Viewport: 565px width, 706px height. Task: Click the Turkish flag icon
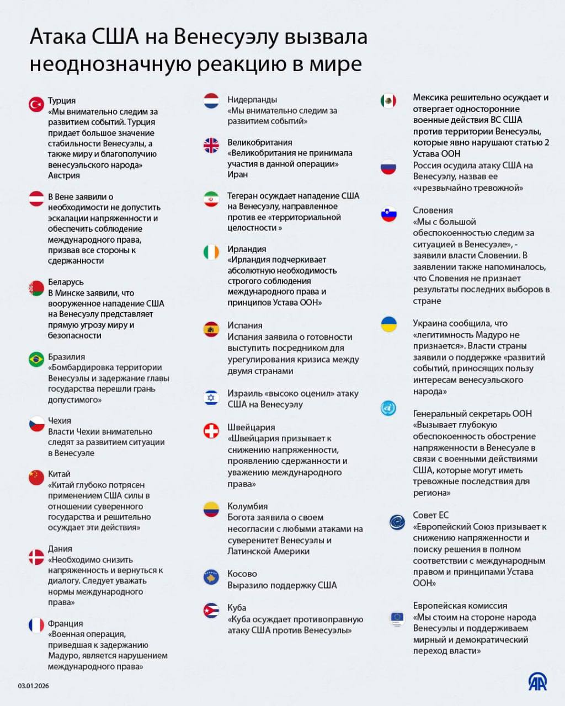36,104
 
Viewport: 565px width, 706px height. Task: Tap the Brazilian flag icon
36,360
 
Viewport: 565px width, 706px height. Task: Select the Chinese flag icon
36,477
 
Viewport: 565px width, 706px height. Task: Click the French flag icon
36,625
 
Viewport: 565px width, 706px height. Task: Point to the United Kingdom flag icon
211,145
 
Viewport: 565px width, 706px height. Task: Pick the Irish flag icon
211,252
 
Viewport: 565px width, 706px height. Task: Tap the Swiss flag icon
211,430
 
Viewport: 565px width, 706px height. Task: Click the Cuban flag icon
211,611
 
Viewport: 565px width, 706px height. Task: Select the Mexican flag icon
388,101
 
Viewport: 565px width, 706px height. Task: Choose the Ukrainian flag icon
388,324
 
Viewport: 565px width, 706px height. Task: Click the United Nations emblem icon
388,408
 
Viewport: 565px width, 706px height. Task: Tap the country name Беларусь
66,282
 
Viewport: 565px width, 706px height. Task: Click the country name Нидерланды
252,100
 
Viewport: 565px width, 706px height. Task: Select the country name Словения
433,210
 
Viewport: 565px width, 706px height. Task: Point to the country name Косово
242,574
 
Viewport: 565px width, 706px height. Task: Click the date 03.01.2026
34,686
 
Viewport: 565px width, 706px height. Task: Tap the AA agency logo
537,682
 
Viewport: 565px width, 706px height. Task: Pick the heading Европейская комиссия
460,606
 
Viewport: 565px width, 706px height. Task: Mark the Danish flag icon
36,557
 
